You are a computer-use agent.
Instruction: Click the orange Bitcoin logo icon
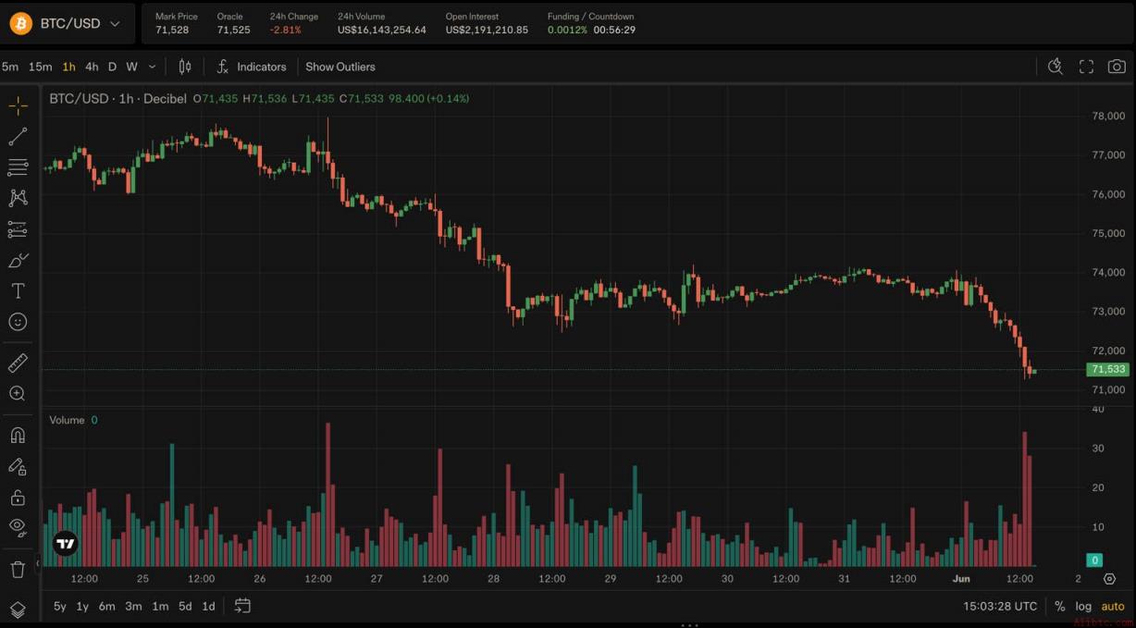coord(20,23)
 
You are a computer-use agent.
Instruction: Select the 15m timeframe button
coord(40,67)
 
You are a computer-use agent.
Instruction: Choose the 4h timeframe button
coord(92,67)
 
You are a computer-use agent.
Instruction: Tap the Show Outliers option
coord(340,67)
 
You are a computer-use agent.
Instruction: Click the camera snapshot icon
coord(1117,67)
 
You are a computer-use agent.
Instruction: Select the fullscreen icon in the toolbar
coord(1086,67)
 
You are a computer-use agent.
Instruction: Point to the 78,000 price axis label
coord(1108,116)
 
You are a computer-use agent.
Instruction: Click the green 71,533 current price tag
coord(1107,369)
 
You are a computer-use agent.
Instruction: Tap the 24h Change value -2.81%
coord(286,30)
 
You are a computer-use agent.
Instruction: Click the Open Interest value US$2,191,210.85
coord(487,30)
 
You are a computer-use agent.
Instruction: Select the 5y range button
coord(60,606)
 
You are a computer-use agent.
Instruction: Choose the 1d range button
coord(208,606)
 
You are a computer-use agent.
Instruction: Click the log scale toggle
coord(1083,606)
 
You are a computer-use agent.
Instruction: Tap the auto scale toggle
coord(1113,606)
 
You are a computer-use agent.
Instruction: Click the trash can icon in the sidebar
coord(18,569)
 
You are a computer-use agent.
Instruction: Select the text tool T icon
coord(18,291)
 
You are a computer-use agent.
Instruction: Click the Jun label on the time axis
coord(961,578)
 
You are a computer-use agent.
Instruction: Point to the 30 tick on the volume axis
coord(1098,448)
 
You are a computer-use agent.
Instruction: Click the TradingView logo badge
coord(66,543)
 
